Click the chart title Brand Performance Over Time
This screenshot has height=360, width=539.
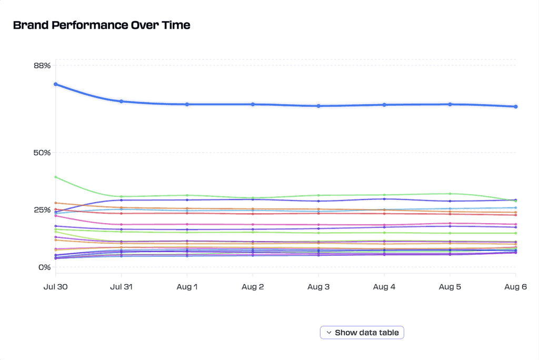pos(102,25)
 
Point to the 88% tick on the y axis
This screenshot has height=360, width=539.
pos(42,66)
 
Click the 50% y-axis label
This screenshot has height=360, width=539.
pos(42,153)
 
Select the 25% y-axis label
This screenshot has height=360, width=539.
pos(42,210)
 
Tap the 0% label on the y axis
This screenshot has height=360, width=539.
pos(44,267)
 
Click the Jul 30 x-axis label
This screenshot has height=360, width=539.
pos(56,286)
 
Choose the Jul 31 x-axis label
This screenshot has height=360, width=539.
pos(122,286)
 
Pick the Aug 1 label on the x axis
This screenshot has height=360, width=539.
pos(187,286)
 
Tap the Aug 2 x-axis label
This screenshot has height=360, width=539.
pos(253,286)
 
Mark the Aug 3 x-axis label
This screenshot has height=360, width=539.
pos(318,286)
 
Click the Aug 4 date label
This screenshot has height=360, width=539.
pos(384,286)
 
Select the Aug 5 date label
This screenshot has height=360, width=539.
pos(450,286)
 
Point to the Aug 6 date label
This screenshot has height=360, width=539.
pos(515,286)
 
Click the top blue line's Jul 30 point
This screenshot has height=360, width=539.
pos(56,84)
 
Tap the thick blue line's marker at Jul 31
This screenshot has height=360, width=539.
pos(122,101)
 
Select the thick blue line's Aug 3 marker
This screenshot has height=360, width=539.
pos(318,106)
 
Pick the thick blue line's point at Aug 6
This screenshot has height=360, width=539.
pos(516,106)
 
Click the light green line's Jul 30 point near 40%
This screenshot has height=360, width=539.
pos(56,177)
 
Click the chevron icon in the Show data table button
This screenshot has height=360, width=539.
pos(329,333)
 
